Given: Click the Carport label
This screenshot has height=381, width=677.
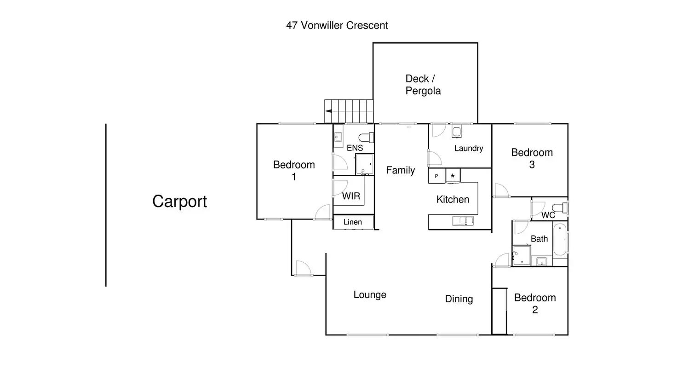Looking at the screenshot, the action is coord(179,202).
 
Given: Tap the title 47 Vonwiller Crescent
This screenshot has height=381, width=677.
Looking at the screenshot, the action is coord(337,25).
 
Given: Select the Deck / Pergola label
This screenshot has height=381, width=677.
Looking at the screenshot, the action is coord(423,85).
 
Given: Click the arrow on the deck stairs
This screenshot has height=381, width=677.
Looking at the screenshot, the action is coord(328,111).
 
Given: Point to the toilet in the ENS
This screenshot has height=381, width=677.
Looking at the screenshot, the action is coord(366,138).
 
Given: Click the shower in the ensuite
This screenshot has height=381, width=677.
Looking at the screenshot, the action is coord(365,164).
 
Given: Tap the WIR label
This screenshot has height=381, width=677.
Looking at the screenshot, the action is coord(351,196).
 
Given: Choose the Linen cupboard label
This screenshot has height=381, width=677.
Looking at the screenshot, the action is coord(353,222).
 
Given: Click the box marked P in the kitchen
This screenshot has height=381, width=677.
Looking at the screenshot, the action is coord(436,176).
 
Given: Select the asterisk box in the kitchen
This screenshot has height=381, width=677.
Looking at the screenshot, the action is coord(453,176).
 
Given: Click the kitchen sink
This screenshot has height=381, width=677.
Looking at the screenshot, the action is coord(463,221).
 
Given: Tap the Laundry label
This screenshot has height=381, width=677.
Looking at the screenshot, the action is coord(469,148).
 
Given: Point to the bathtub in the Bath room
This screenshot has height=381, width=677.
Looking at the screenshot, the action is coord(560,239).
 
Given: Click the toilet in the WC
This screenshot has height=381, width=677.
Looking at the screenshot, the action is coord(560,208).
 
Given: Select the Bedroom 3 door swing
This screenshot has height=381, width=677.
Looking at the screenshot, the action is coord(501,190).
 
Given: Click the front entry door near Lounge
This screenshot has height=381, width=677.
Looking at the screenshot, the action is coord(304,268).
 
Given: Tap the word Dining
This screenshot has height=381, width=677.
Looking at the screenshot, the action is coord(459,299).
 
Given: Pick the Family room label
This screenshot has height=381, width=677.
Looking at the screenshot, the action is coord(401,170).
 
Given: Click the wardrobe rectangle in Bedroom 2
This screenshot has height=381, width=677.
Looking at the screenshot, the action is coord(499,312).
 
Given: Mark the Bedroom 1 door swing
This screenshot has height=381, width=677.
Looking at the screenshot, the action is coord(323,212).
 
